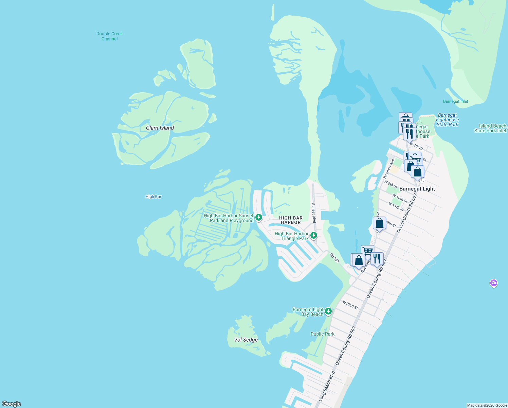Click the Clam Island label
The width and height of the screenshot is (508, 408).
[x=160, y=128]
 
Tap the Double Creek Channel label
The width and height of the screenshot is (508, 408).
[x=109, y=36]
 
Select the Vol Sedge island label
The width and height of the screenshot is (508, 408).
[x=246, y=340]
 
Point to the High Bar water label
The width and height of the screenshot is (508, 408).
[x=153, y=197]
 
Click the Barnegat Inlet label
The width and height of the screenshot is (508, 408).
[x=455, y=101]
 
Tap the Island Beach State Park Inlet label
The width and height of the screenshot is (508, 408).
[x=490, y=128]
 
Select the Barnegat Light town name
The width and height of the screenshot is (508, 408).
[x=417, y=189]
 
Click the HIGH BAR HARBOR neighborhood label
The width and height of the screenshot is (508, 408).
[x=291, y=220]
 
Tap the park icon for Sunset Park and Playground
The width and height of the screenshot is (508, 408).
[x=259, y=217]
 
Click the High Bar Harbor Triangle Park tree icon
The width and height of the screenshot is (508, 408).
[x=314, y=235]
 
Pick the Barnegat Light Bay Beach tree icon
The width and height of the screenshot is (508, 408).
[x=328, y=311]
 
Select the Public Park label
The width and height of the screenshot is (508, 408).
[x=322, y=334]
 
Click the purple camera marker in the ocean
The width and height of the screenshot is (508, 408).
[x=494, y=283]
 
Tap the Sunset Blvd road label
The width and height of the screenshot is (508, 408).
[x=314, y=213]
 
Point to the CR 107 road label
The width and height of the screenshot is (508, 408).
[x=334, y=257]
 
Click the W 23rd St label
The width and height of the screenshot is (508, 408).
[x=350, y=305]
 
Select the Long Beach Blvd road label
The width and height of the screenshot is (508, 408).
[x=327, y=386]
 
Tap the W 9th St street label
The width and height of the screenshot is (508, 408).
[x=391, y=185]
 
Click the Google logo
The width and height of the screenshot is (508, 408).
[x=12, y=404]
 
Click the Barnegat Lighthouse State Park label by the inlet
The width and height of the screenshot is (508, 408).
[x=447, y=120]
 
